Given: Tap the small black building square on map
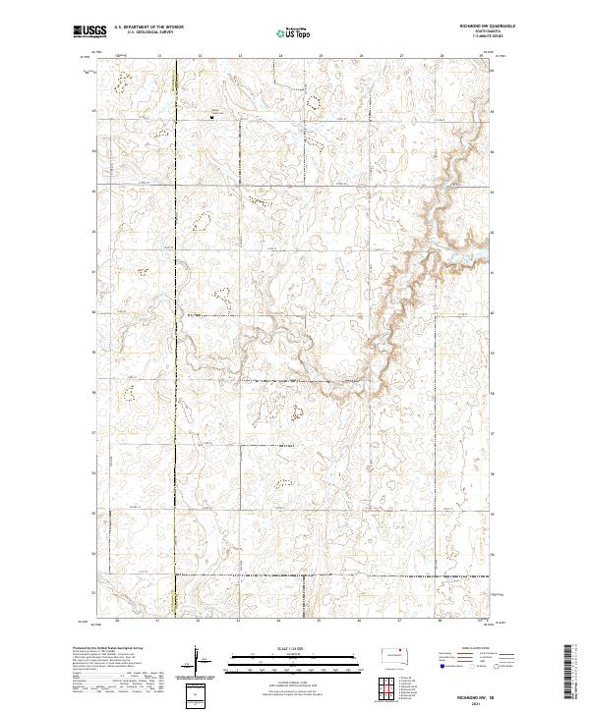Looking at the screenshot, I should click(x=212, y=117).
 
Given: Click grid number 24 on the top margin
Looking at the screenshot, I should click(x=279, y=57).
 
